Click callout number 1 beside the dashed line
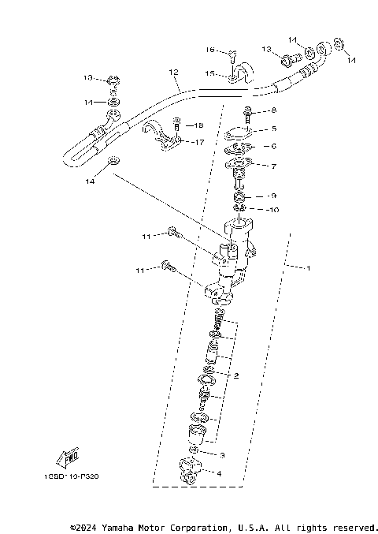tap(309, 269)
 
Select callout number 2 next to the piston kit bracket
tap(235, 375)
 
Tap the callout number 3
tap(223, 455)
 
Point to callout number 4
tap(220, 473)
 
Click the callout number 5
tap(273, 128)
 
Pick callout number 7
tap(273, 166)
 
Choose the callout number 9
tap(272, 196)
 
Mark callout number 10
tap(273, 209)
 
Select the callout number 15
tap(210, 73)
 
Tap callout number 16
tap(210, 50)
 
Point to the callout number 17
tap(199, 143)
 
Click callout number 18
tap(198, 125)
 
